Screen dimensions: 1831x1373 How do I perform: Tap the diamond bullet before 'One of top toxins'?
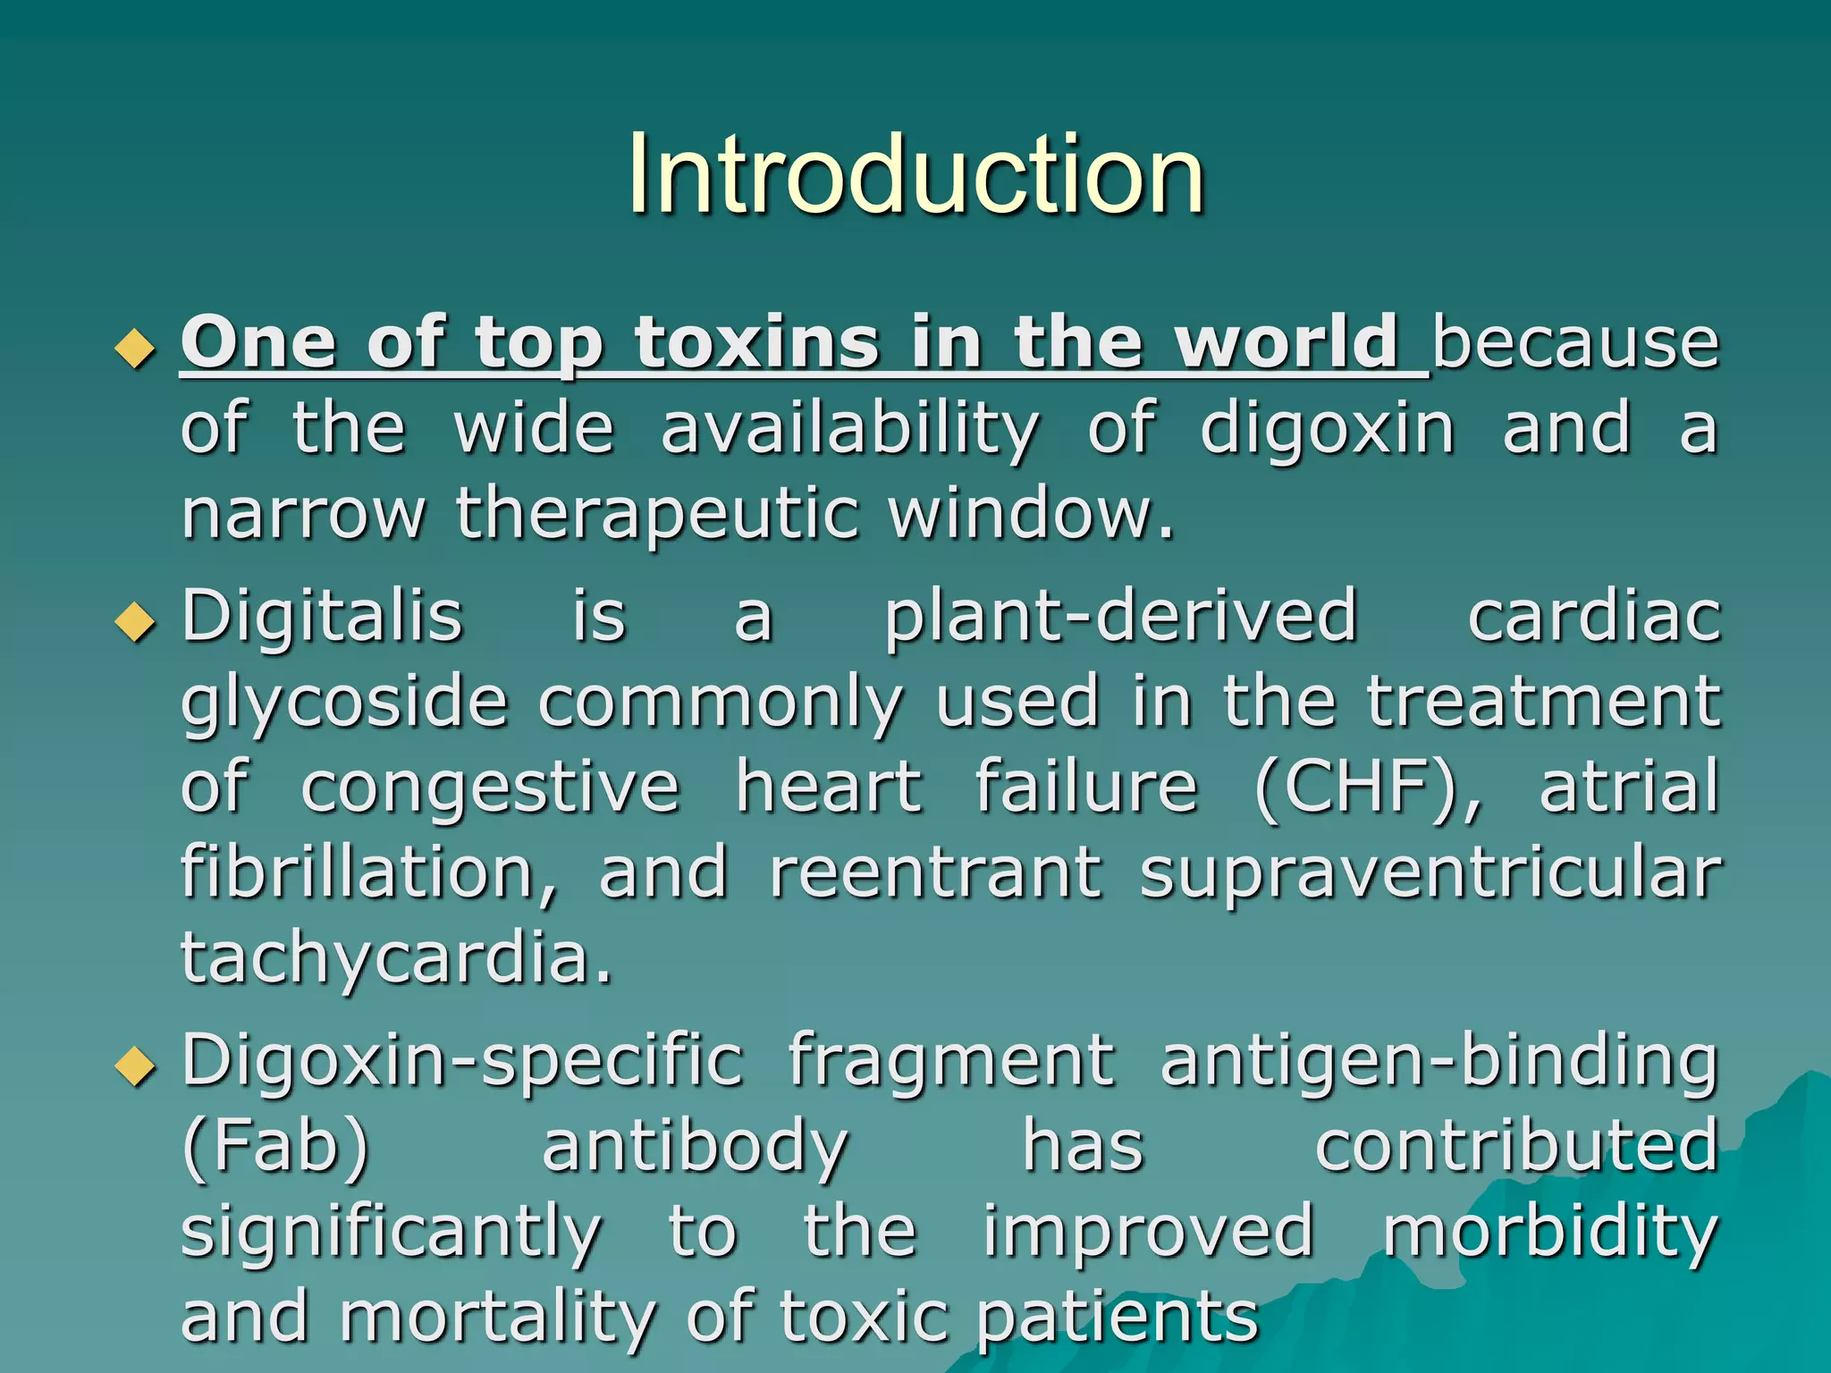pyautogui.click(x=135, y=349)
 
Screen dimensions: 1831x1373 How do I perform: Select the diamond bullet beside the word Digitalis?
pyautogui.click(x=135, y=622)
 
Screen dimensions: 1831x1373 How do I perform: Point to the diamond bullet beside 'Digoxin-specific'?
pyautogui.click(x=135, y=1066)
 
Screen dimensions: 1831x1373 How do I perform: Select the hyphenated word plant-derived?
pyautogui.click(x=1121, y=617)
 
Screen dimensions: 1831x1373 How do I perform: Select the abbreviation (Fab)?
pyautogui.click(x=275, y=1146)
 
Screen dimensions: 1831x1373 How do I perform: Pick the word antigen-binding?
pyautogui.click(x=1439, y=1062)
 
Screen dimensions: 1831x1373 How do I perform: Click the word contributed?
pyautogui.click(x=1518, y=1146)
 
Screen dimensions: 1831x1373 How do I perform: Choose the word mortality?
pyautogui.click(x=498, y=1318)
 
